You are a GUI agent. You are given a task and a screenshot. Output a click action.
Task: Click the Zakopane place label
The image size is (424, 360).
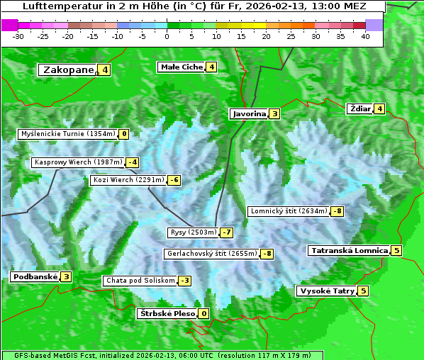[x=68, y=69]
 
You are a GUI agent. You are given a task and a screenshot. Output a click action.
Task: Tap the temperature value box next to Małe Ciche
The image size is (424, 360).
[x=211, y=67]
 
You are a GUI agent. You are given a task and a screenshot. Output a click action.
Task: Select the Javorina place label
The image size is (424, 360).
[x=249, y=113]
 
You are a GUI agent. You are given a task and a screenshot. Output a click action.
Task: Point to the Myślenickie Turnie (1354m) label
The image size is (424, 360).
[x=67, y=134]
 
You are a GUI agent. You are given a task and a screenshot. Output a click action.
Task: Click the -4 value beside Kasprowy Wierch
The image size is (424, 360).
[x=133, y=162]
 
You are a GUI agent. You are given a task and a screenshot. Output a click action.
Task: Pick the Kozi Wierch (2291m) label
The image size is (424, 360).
[x=128, y=180]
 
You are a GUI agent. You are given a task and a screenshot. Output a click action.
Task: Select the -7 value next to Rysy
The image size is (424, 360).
[x=227, y=232]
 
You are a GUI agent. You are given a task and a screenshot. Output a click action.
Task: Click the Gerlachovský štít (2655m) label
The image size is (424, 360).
[x=211, y=254]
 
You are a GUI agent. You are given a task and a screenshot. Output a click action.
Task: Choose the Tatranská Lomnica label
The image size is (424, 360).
[x=349, y=250]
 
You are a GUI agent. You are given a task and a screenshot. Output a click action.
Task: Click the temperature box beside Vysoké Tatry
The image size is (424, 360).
[x=363, y=291]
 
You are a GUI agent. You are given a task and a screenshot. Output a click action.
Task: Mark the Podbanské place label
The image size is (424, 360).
[x=35, y=276]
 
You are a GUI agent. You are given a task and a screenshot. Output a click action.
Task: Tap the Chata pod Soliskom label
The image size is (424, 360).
[x=139, y=281]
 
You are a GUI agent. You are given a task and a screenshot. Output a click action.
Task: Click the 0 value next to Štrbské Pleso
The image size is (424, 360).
[x=204, y=314]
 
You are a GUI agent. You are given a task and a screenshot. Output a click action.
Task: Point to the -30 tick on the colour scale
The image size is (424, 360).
[x=18, y=36]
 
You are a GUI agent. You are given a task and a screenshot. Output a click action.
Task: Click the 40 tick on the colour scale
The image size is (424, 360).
[x=365, y=36]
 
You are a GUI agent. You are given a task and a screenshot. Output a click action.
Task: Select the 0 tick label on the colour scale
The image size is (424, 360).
[x=167, y=36]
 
